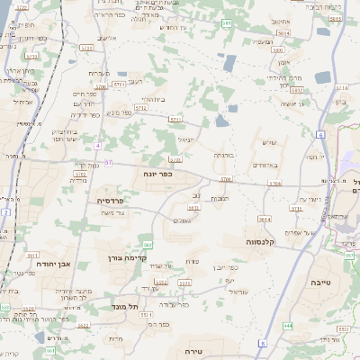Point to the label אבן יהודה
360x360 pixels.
pos(51,265)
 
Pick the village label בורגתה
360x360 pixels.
pos(224,156)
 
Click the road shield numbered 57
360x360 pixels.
pos(108,163)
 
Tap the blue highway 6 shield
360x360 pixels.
pos(319,134)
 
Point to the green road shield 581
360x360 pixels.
pos(226,23)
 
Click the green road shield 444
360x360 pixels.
pos(288,325)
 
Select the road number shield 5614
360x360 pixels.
pos(264,219)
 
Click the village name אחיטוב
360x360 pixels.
pos(280,20)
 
